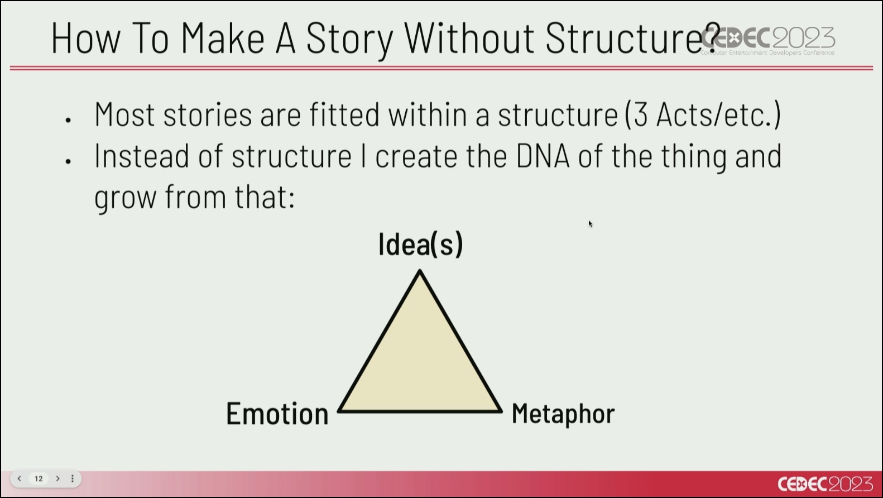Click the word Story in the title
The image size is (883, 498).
(349, 39)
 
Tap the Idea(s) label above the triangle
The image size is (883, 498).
(421, 245)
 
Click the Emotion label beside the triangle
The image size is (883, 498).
(277, 414)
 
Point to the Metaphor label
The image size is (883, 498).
(563, 414)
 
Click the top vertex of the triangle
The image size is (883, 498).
(420, 271)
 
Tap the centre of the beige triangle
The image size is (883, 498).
(420, 365)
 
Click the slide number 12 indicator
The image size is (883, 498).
(39, 478)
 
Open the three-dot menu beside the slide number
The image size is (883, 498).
(72, 478)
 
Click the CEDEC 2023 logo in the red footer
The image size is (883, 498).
(825, 484)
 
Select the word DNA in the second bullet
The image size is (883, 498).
(543, 156)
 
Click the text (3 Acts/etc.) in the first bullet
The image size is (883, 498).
(703, 114)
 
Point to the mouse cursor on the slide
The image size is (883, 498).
(590, 224)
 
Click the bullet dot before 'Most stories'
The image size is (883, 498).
(68, 120)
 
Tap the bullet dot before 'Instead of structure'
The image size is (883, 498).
(68, 161)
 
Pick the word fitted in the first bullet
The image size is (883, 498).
(344, 114)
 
